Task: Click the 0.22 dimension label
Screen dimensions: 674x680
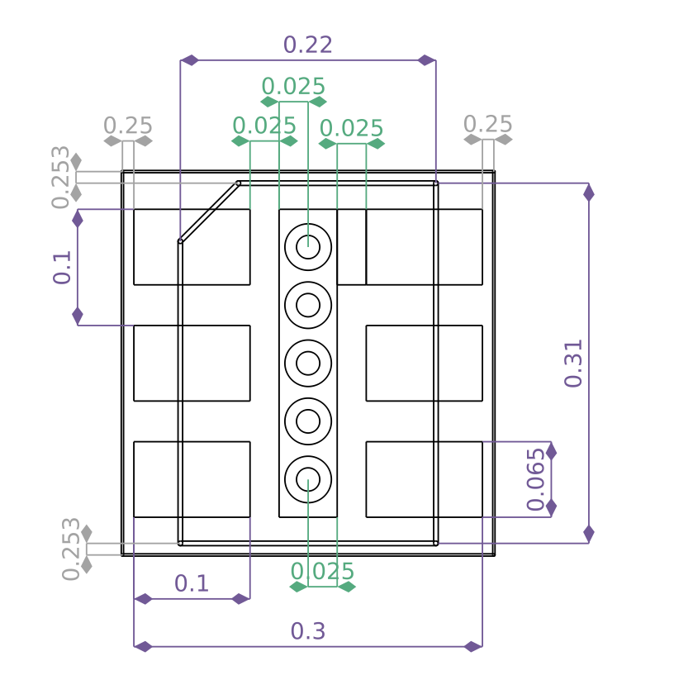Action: tap(308, 45)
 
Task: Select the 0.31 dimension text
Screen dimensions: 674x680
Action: tap(573, 364)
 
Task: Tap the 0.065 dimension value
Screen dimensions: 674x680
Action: tap(536, 480)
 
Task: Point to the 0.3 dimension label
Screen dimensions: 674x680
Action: tap(308, 631)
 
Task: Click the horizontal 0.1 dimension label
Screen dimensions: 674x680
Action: tap(192, 583)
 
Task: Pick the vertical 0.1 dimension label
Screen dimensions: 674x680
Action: tap(62, 268)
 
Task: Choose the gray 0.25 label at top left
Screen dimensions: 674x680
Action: tap(128, 126)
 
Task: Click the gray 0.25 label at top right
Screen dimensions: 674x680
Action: tap(488, 124)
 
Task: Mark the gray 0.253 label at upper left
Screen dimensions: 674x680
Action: tap(60, 178)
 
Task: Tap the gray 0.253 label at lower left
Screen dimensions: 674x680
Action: tap(71, 549)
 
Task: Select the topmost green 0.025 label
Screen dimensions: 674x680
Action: tap(293, 86)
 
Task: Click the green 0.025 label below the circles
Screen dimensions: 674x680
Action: tap(322, 571)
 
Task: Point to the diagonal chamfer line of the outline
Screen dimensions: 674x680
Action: tap(209, 212)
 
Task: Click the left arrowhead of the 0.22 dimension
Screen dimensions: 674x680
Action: tap(189, 60)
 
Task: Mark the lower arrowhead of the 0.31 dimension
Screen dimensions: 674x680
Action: tap(589, 534)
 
